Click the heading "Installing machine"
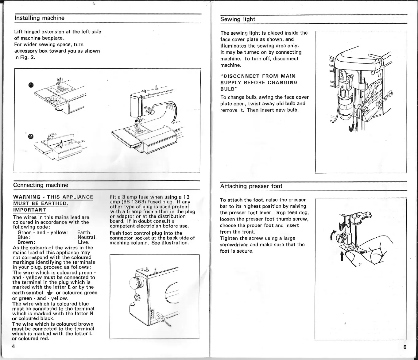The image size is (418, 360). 39,18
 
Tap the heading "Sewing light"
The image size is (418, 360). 238,19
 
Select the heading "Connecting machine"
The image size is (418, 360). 41,185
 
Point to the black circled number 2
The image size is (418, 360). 31,136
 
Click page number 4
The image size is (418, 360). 14,346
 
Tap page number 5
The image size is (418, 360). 405,347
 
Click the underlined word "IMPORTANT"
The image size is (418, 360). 29,210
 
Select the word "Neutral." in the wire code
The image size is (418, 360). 87,237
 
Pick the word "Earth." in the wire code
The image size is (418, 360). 84,232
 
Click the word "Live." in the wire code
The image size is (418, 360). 83,242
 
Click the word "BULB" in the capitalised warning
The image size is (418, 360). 227,89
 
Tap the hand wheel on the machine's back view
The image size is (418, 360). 135,283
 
